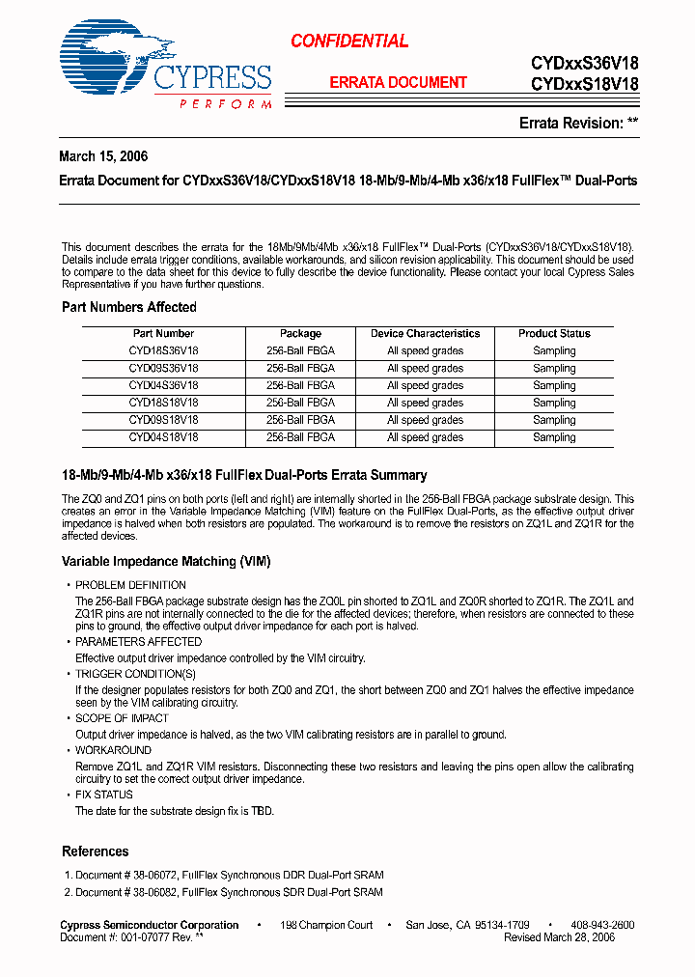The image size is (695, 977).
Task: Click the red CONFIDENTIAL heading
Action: point(349,41)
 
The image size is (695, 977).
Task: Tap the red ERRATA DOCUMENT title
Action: point(399,83)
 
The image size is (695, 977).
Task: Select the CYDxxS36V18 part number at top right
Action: point(584,63)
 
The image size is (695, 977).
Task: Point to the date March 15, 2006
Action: point(103,156)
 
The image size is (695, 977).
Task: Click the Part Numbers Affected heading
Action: point(129,307)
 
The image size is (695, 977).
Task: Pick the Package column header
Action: point(301,333)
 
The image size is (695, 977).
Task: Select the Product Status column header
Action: point(554,333)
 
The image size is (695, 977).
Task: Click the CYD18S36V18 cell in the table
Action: point(163,350)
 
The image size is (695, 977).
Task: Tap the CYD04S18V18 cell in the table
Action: point(163,437)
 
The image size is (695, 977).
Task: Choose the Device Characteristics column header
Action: point(425,333)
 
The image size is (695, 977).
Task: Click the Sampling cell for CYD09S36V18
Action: point(554,368)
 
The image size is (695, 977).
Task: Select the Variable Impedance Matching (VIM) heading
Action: point(166,561)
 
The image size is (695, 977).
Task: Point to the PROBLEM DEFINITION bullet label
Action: point(130,585)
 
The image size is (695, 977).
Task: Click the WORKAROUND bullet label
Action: point(113,750)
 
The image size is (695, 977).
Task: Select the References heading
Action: point(96,851)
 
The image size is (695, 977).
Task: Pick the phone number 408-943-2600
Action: point(602,925)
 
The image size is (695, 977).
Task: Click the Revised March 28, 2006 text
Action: point(559,936)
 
